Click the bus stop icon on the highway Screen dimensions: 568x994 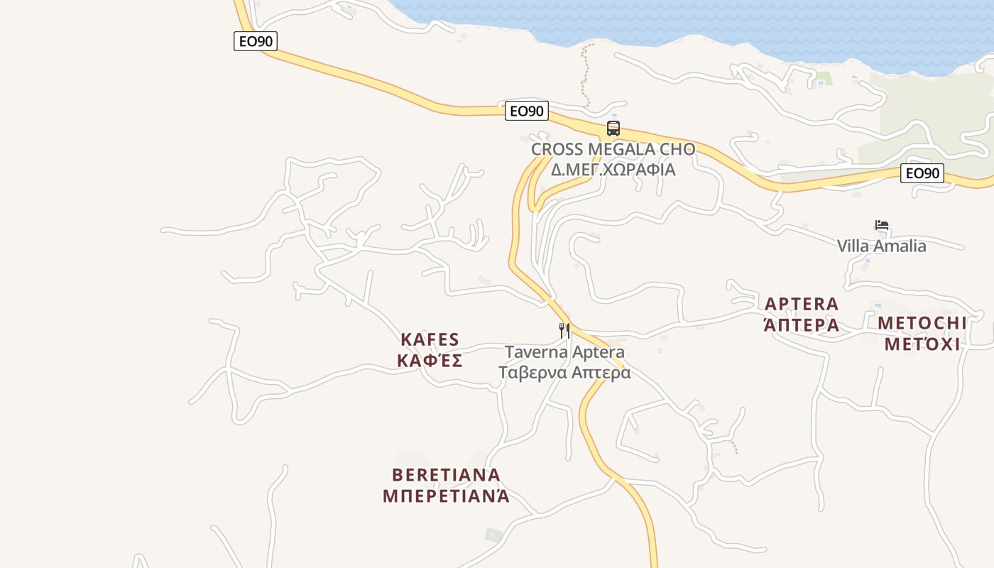pyautogui.click(x=613, y=129)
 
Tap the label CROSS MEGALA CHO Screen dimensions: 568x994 pyautogui.click(x=613, y=150)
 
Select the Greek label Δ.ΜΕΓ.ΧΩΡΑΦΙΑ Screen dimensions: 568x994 pyautogui.click(x=613, y=170)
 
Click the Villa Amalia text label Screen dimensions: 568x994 pyautogui.click(x=881, y=246)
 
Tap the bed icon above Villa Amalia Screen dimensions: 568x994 pyautogui.click(x=882, y=225)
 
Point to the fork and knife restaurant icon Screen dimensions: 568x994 pyautogui.click(x=564, y=330)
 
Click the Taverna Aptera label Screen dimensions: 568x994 pyautogui.click(x=564, y=352)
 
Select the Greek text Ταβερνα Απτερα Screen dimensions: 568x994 pyautogui.click(x=564, y=372)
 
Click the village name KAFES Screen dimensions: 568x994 pyautogui.click(x=430, y=339)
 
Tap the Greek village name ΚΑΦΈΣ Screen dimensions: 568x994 pyautogui.click(x=430, y=361)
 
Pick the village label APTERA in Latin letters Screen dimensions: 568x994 pyautogui.click(x=802, y=305)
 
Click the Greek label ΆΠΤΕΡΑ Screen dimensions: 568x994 pyautogui.click(x=802, y=325)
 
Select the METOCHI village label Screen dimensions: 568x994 pyautogui.click(x=922, y=323)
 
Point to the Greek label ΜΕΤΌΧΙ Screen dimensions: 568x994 pyautogui.click(x=922, y=344)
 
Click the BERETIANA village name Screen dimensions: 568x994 pyautogui.click(x=446, y=474)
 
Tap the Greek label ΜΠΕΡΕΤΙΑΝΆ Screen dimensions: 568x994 pyautogui.click(x=446, y=496)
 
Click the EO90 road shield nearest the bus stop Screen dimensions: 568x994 pyautogui.click(x=527, y=111)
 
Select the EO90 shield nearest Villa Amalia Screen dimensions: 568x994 pyautogui.click(x=922, y=173)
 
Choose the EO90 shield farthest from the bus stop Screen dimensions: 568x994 pyautogui.click(x=256, y=41)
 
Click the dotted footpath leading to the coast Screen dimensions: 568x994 pyautogui.click(x=584, y=75)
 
